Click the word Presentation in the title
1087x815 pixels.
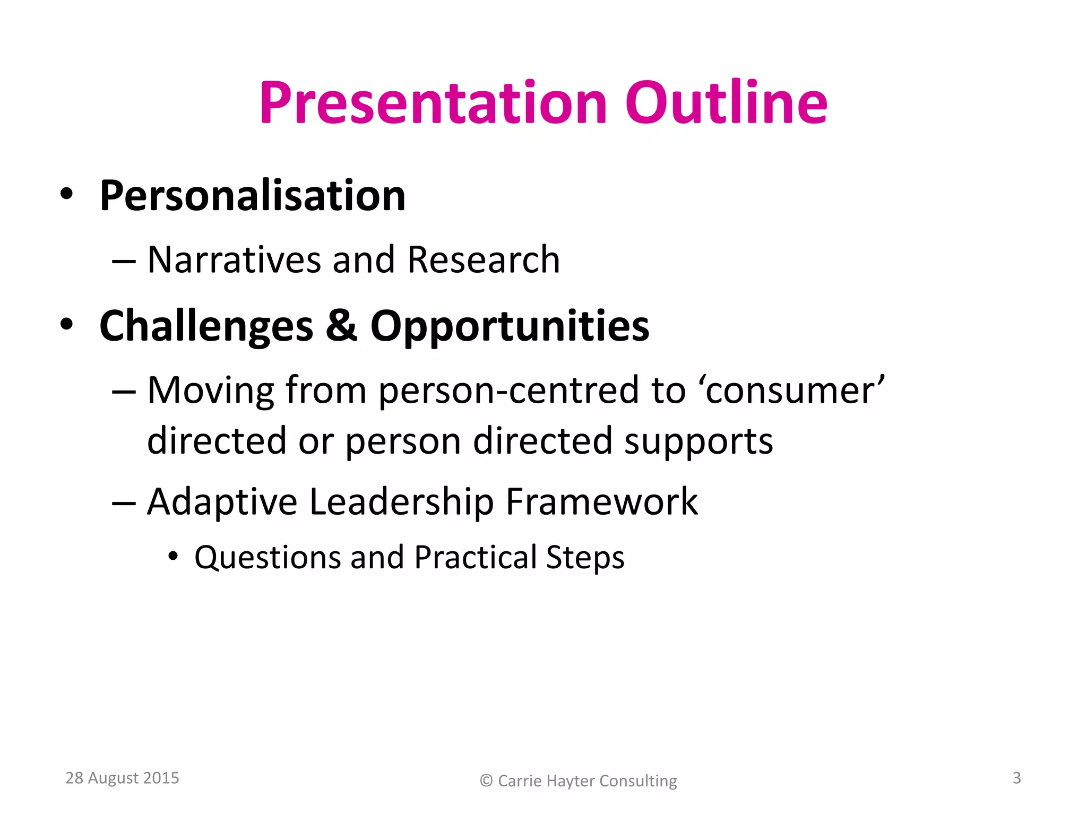click(x=433, y=103)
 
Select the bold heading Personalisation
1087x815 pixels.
click(x=252, y=196)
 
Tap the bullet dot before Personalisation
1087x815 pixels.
click(x=66, y=194)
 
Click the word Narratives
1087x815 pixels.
click(x=234, y=260)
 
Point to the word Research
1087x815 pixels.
click(x=483, y=260)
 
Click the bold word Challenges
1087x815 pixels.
click(x=206, y=326)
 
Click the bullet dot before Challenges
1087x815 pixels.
click(x=66, y=324)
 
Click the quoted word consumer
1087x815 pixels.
click(x=795, y=391)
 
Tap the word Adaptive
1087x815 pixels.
click(x=222, y=502)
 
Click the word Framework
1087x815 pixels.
click(x=601, y=502)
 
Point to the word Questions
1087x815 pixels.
click(x=268, y=558)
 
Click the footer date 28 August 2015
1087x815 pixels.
click(x=122, y=778)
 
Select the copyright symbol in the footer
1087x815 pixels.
click(x=486, y=781)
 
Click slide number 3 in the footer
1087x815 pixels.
click(x=1016, y=778)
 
